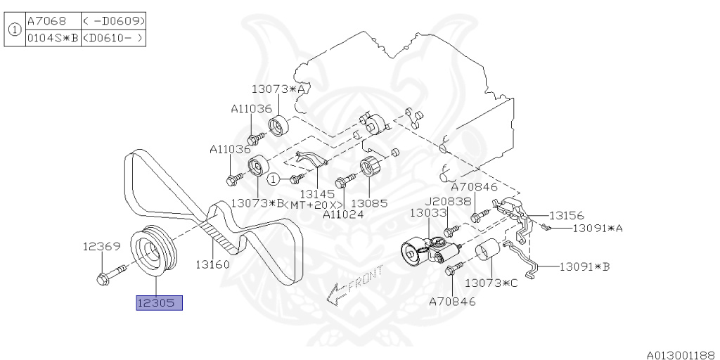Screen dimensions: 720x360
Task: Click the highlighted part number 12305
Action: [160, 303]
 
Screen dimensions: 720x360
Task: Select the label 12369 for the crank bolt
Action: [101, 247]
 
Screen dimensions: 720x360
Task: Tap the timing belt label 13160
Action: [212, 264]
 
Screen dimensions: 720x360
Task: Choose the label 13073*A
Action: [278, 89]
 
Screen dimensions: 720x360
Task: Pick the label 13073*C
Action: [491, 283]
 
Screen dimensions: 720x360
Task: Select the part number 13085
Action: [370, 202]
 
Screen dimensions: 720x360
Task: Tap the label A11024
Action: [343, 214]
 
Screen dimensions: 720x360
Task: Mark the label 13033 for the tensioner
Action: [428, 212]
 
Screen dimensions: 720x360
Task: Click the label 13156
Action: [566, 215]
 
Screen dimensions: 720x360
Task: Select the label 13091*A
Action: [598, 228]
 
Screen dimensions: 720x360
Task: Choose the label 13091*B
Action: [584, 266]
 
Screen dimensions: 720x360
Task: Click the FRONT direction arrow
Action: [354, 285]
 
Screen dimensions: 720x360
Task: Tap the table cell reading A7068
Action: [47, 20]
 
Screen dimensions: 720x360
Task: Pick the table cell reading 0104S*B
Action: [53, 38]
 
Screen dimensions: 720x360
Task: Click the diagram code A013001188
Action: [683, 355]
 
